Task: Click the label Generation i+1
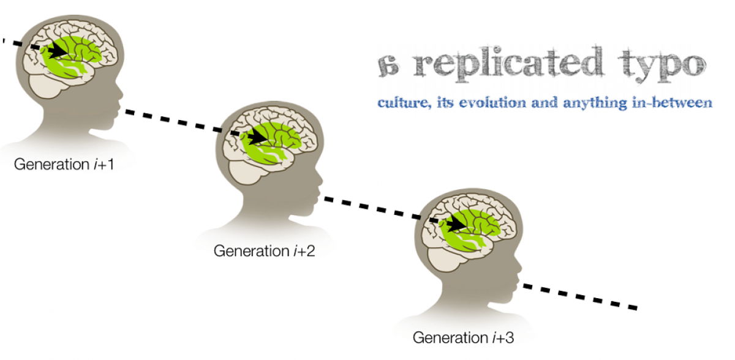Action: (x=64, y=164)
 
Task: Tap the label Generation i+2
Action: (x=264, y=251)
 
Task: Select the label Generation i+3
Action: (x=463, y=338)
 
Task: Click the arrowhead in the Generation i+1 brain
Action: (x=58, y=51)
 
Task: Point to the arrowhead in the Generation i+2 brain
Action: (x=258, y=137)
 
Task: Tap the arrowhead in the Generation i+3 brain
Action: (x=457, y=224)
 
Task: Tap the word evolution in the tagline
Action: (x=492, y=103)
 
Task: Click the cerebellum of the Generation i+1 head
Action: (x=46, y=86)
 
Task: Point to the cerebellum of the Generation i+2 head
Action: (x=246, y=173)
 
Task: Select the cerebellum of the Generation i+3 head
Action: (x=445, y=260)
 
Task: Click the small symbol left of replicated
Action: (x=388, y=66)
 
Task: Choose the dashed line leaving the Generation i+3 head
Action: (x=580, y=297)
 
